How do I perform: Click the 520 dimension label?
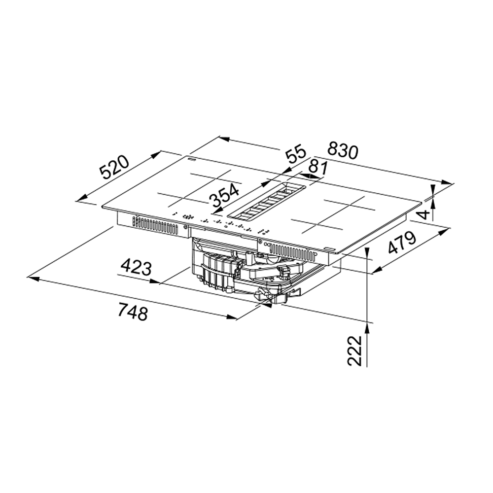114,167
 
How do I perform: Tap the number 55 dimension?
295,153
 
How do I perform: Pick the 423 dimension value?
137,267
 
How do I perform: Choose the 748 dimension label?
133,311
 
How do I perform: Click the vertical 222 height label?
354,351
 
